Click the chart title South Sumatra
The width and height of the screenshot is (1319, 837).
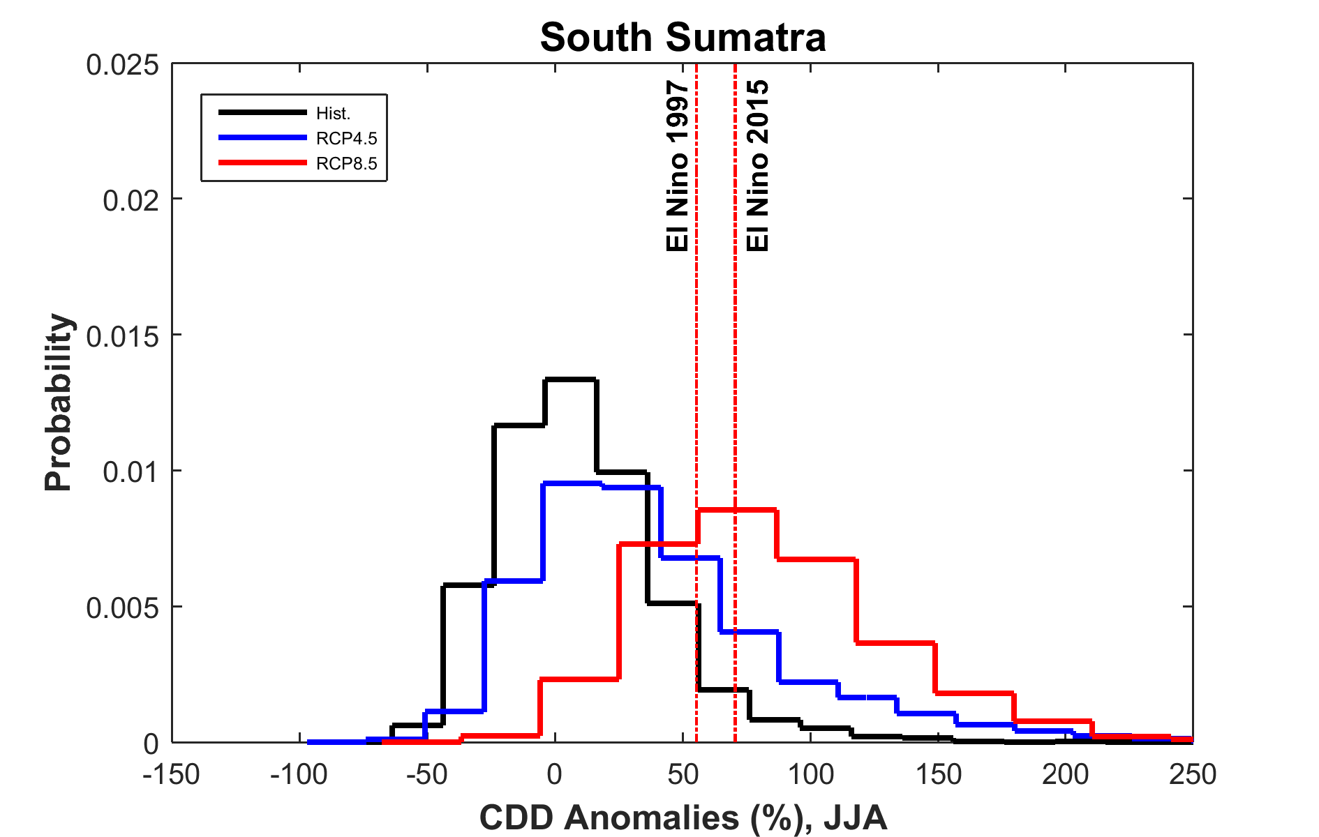pos(683,37)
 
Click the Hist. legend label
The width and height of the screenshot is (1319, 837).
pos(333,113)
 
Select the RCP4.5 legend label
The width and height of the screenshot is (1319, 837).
pos(346,138)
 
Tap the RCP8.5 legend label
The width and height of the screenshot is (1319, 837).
pos(346,163)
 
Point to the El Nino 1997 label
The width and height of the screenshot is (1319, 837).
pos(678,166)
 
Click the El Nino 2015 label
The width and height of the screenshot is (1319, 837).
pos(758,166)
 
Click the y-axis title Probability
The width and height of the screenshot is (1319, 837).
pos(59,403)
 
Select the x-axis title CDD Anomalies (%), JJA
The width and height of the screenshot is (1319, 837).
pos(683,817)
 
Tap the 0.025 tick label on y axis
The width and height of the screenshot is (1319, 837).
pos(112,65)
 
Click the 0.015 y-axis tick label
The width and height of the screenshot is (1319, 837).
pos(112,336)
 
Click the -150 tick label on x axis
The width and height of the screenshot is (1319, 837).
pos(172,774)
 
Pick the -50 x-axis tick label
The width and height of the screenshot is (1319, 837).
pos(426,774)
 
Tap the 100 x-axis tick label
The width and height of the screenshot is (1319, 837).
pos(810,774)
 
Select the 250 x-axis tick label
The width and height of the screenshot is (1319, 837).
pos(1193,774)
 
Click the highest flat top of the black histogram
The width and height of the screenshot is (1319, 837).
pos(570,379)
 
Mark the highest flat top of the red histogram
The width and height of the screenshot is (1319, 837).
pos(736,511)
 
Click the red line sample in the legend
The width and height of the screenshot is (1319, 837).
pos(262,163)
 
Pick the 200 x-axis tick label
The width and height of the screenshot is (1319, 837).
pos(1065,774)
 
